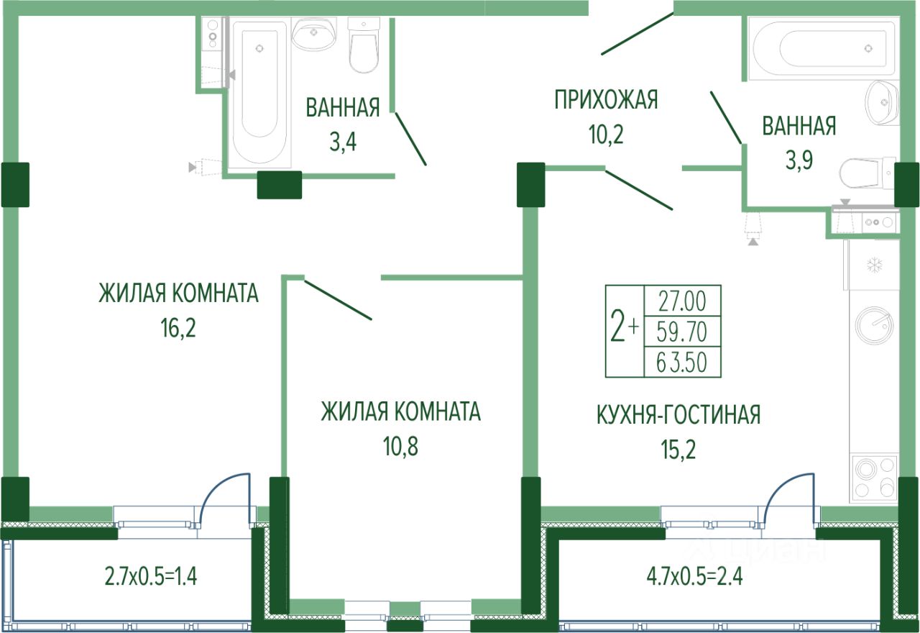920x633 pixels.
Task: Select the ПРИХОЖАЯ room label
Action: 606,100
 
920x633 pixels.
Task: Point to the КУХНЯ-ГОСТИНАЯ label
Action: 678,415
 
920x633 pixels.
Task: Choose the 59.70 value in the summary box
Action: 681,331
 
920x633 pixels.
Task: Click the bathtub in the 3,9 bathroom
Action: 822,48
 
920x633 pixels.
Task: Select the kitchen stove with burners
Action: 874,479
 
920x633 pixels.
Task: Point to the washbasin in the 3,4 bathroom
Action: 314,33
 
